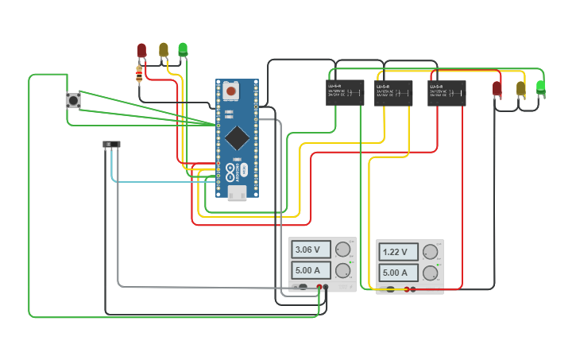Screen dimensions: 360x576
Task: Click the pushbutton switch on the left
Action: (x=72, y=101)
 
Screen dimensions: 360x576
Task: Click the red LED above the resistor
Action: (x=141, y=51)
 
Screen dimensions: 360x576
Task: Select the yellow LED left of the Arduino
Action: (x=164, y=50)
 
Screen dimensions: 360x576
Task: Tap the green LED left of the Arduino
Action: (x=183, y=50)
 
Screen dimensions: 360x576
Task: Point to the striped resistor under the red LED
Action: (x=140, y=74)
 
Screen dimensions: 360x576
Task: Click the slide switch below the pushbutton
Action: (x=111, y=144)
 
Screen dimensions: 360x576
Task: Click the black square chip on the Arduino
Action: (x=236, y=137)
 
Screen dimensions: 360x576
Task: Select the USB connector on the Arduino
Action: (x=237, y=194)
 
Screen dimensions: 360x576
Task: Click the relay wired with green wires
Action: (x=344, y=93)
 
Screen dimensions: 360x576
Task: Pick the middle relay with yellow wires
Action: (x=393, y=93)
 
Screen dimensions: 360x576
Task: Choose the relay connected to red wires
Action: (x=446, y=93)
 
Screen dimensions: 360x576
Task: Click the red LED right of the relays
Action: (x=497, y=88)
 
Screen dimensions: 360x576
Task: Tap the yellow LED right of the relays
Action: (x=520, y=88)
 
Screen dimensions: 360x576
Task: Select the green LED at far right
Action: (x=541, y=87)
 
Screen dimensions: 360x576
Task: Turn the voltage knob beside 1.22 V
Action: (x=431, y=252)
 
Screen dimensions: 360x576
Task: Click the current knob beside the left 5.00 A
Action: (x=343, y=270)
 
